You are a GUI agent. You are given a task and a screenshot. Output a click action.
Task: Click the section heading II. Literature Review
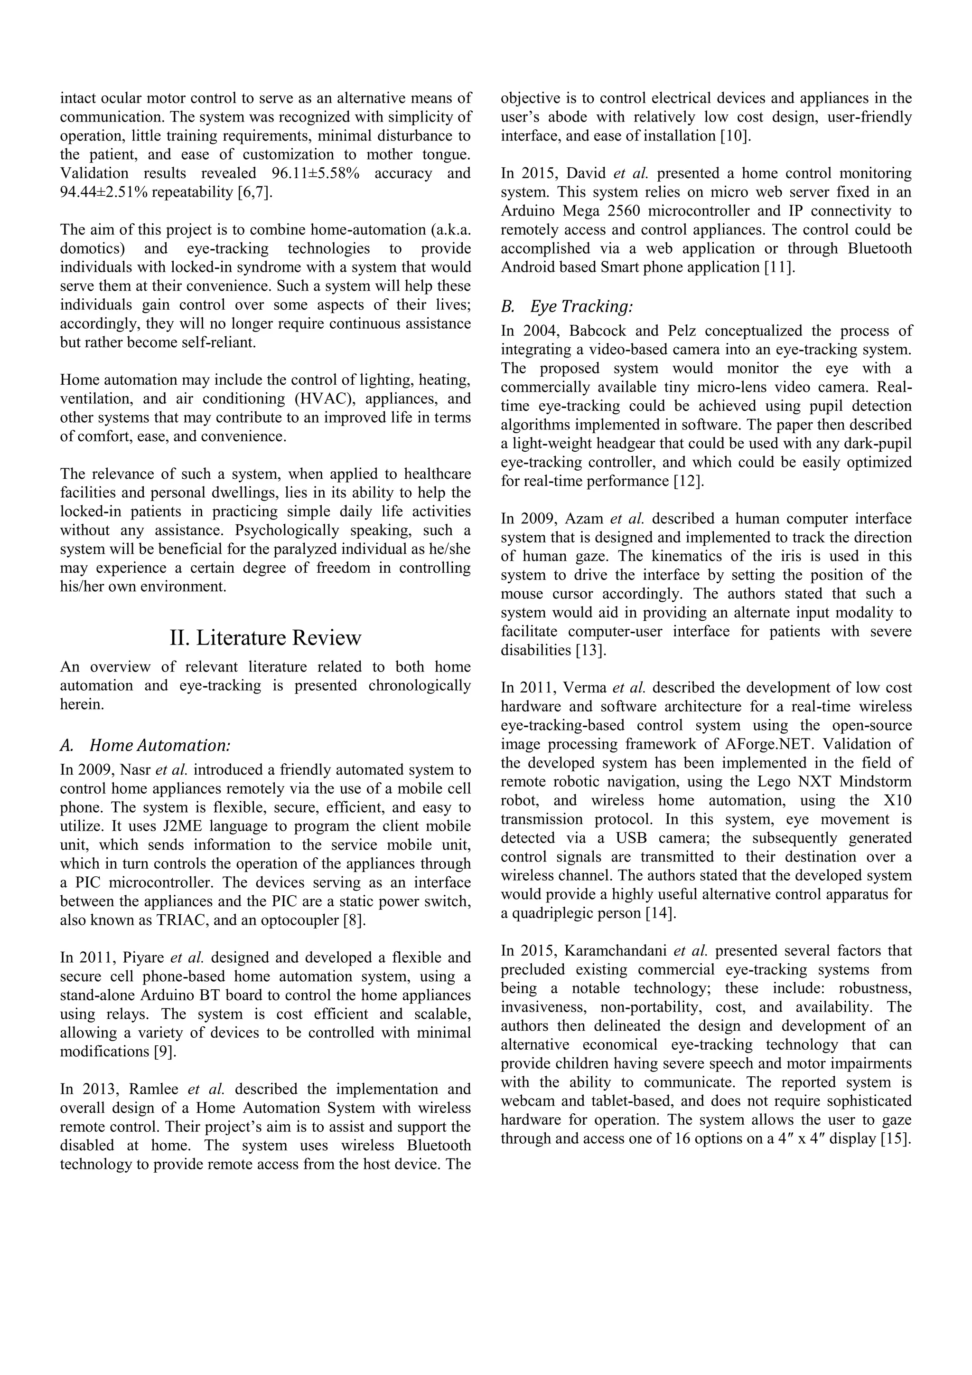(265, 638)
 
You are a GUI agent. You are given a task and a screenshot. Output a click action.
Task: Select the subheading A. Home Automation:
(145, 746)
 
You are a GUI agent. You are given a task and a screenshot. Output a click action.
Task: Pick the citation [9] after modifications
(165, 1052)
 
